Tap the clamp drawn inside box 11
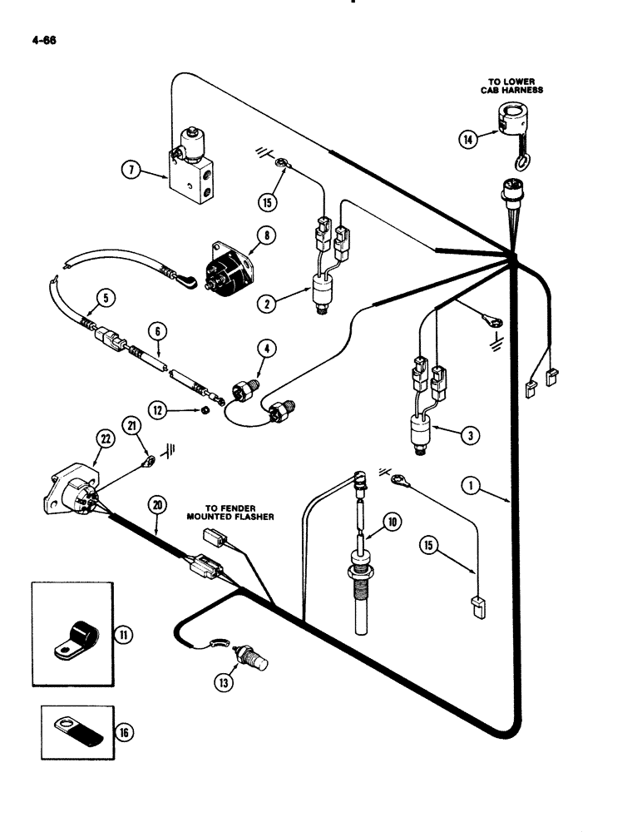75,641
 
